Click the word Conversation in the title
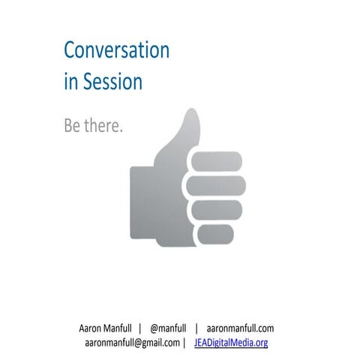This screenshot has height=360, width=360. click(x=116, y=50)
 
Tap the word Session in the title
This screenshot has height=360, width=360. click(x=112, y=80)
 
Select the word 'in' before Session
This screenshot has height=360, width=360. click(x=70, y=80)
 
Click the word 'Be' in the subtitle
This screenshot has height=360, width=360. click(x=72, y=125)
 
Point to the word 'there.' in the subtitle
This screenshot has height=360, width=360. click(x=102, y=125)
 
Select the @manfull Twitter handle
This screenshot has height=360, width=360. click(x=172, y=328)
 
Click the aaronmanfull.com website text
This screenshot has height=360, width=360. click(x=240, y=328)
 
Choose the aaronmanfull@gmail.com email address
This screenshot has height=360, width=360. click(x=132, y=343)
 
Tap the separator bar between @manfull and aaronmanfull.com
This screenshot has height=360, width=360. click(x=196, y=328)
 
